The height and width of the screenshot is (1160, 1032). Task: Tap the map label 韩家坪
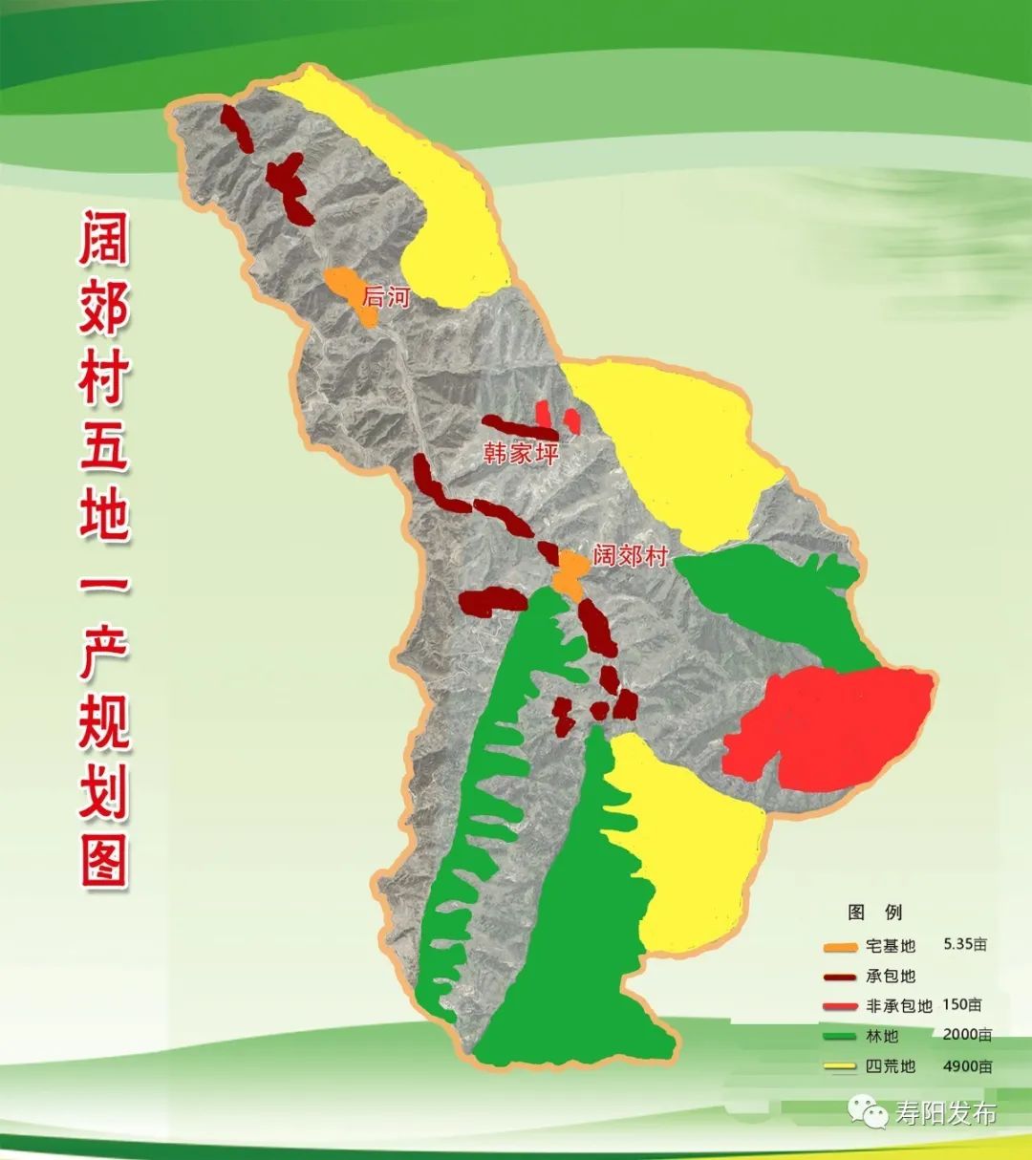tap(520, 452)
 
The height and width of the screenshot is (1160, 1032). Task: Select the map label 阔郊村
tap(630, 555)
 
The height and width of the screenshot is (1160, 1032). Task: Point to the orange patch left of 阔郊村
tap(571, 570)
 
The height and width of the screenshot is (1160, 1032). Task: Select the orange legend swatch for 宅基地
tap(840, 947)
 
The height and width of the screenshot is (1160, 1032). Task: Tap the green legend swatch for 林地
tap(840, 1036)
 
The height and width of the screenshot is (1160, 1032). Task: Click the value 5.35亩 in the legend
tap(965, 945)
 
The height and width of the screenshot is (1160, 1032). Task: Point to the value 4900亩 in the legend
tap(967, 1065)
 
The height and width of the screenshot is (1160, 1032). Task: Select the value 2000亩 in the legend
tap(967, 1035)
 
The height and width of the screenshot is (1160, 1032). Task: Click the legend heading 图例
tap(874, 913)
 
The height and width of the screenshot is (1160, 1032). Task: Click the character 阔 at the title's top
tap(103, 238)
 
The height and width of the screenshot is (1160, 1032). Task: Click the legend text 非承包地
tap(898, 1006)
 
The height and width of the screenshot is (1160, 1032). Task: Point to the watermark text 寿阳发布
tap(946, 1114)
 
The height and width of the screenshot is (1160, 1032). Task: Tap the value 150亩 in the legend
tap(961, 1005)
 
